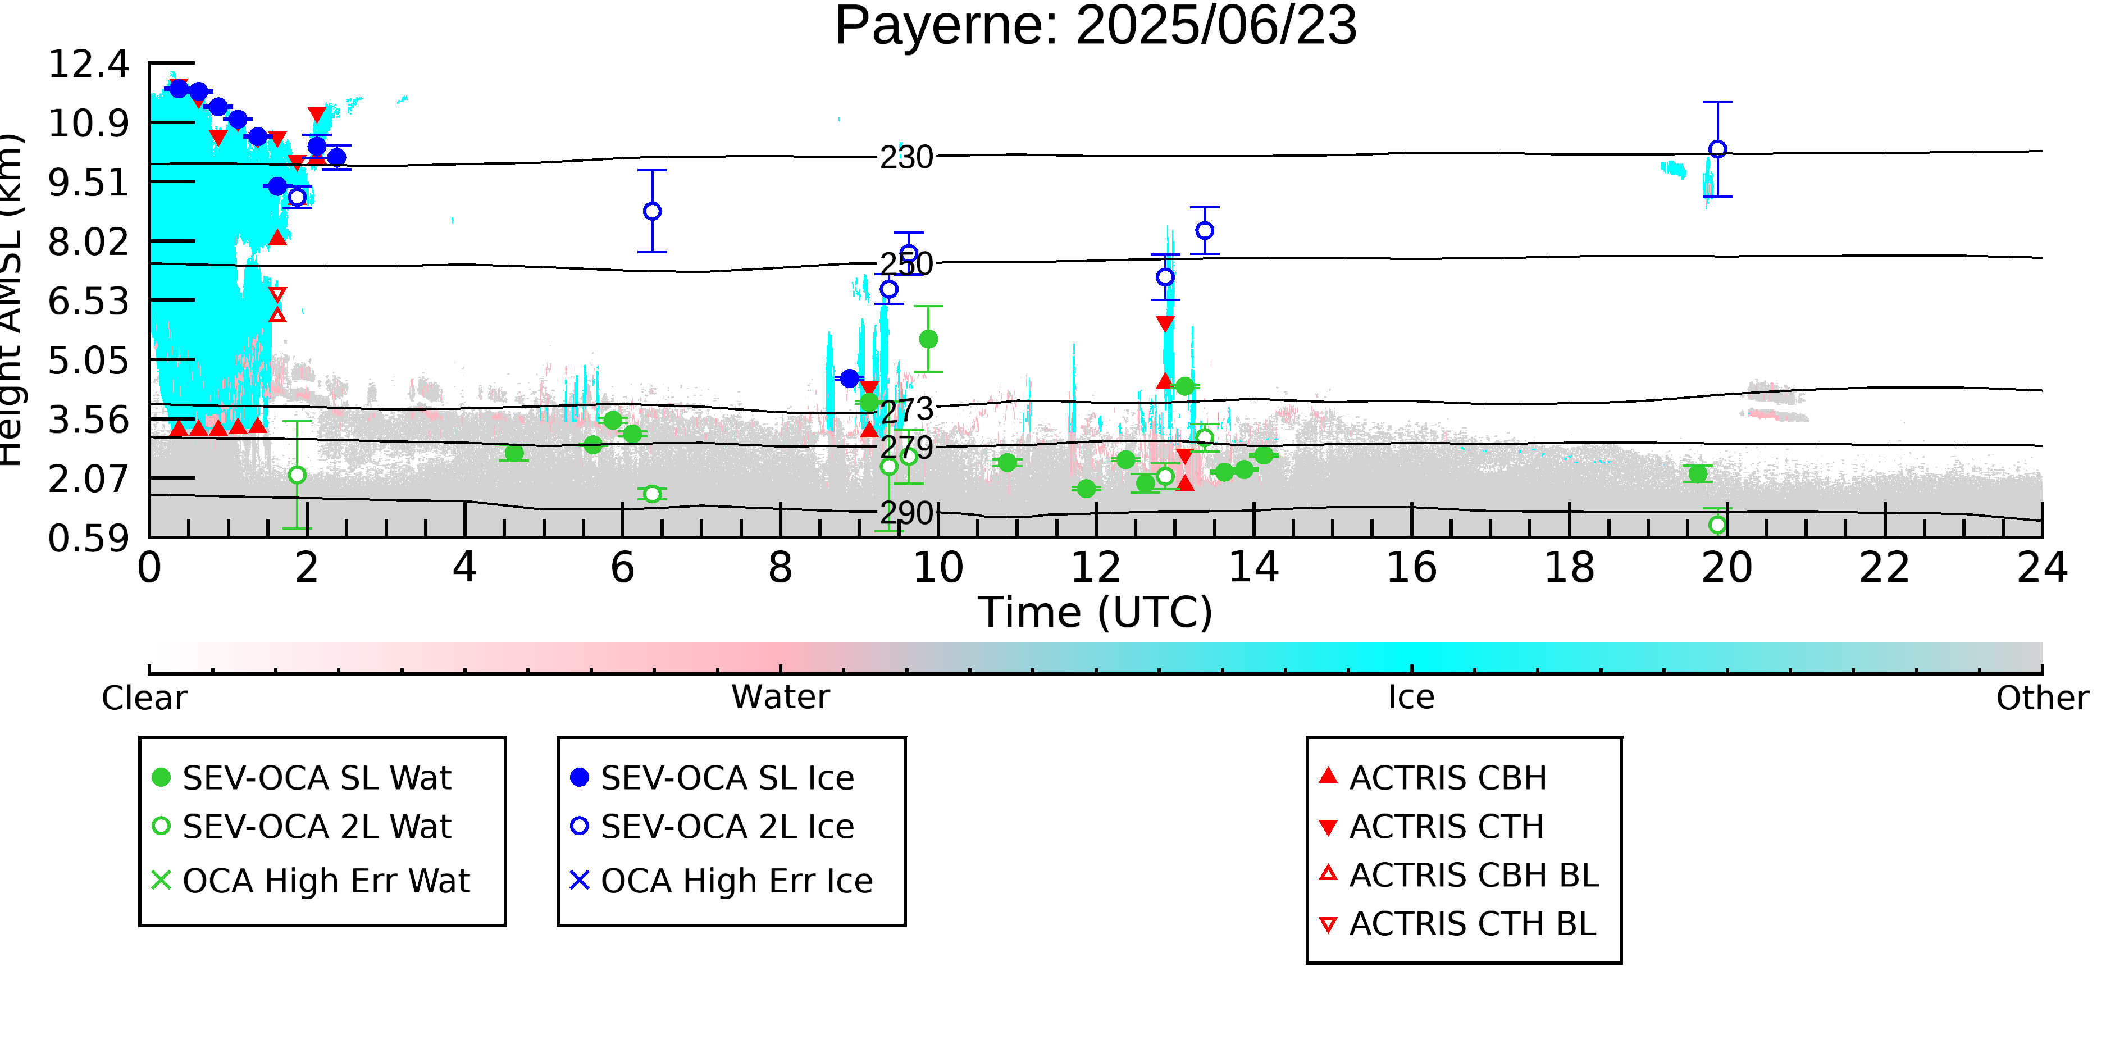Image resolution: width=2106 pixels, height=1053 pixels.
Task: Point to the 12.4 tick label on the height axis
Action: [x=88, y=65]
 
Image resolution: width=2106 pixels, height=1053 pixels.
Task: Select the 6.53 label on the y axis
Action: [x=88, y=302]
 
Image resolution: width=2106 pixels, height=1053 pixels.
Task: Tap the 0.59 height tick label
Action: [x=88, y=539]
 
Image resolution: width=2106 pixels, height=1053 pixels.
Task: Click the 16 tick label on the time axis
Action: [x=1411, y=568]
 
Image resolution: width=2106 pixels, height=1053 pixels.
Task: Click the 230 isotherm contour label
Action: [x=906, y=157]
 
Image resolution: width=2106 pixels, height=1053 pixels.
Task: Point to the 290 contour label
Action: [x=906, y=513]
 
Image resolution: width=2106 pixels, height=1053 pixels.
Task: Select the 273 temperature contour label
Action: [x=906, y=409]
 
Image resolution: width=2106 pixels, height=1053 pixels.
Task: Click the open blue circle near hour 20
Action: [x=1718, y=149]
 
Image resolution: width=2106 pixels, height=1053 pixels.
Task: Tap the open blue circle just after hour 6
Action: [x=653, y=211]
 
